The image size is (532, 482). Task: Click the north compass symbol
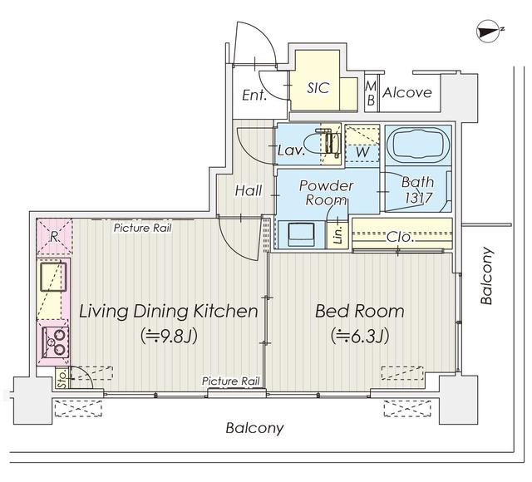[488, 32]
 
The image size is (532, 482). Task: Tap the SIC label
[318, 88]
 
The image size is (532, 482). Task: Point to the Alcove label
[407, 92]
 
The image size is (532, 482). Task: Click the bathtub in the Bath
[417, 143]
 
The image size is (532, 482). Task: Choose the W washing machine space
[362, 144]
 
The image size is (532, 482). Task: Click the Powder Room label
[326, 192]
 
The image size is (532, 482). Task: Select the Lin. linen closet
[337, 235]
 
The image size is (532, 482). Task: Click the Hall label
[249, 190]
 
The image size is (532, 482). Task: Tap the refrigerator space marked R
[54, 237]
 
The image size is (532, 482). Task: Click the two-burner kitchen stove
[55, 342]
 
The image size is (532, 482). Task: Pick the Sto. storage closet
[62, 377]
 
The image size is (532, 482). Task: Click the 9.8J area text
[170, 336]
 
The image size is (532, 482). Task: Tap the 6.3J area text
[360, 336]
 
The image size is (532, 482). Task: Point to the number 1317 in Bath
[418, 198]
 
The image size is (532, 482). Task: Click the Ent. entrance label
[254, 95]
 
